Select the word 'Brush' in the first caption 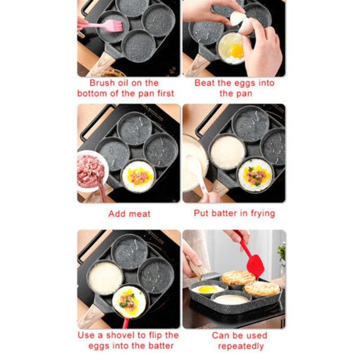[x=102, y=83]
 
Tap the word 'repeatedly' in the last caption [x=241, y=346]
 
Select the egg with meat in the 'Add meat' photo [x=137, y=175]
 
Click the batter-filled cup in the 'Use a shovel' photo [x=105, y=278]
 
